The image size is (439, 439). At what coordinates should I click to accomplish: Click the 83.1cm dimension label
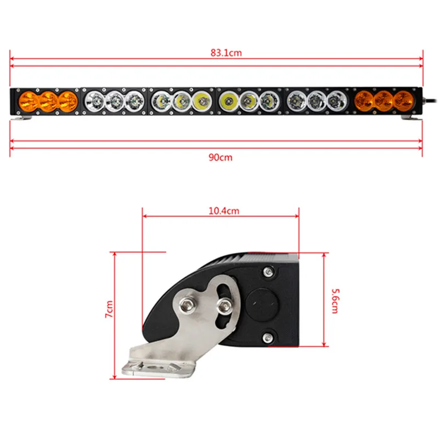click(218, 53)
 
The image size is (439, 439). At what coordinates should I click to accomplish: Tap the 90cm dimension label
click(219, 157)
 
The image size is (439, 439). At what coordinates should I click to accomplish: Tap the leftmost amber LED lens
click(27, 102)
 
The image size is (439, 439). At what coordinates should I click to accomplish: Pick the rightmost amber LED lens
click(403, 100)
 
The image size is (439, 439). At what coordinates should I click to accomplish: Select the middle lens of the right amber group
click(383, 100)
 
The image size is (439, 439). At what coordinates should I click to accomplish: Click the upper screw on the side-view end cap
click(268, 271)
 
